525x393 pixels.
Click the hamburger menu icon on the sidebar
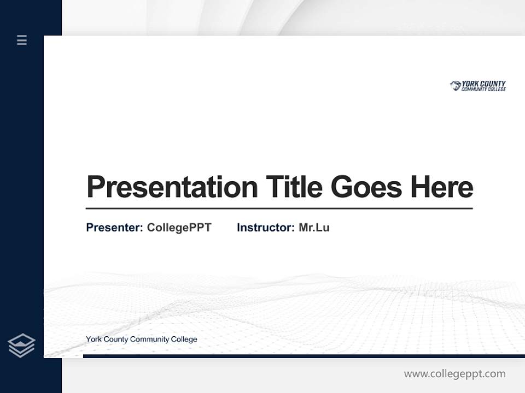(x=22, y=40)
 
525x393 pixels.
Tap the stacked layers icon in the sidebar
(x=21, y=346)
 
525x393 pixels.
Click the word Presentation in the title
(x=172, y=187)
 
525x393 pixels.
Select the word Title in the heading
(x=294, y=187)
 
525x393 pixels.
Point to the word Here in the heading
(x=442, y=187)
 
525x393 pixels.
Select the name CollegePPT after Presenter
(x=179, y=228)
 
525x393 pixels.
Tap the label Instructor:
(x=266, y=228)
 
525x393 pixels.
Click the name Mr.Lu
(x=314, y=228)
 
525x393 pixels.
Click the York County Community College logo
(x=478, y=86)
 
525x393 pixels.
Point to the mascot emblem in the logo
(x=456, y=86)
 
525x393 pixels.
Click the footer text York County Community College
(x=141, y=340)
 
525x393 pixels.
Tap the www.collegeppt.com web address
(x=454, y=374)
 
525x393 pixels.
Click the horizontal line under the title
(x=279, y=208)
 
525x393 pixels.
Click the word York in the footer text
(x=94, y=340)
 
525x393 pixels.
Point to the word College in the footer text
(x=184, y=340)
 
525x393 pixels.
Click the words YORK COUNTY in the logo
(x=484, y=84)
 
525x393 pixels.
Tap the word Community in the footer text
(x=149, y=340)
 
